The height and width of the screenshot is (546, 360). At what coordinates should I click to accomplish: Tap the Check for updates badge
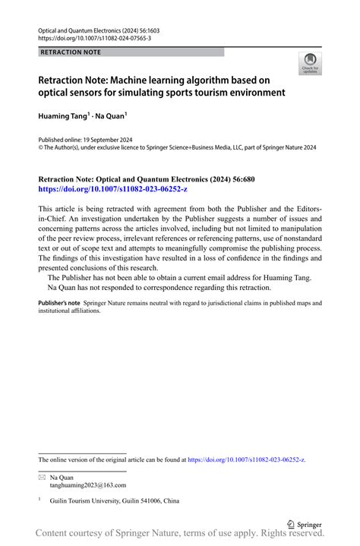310,65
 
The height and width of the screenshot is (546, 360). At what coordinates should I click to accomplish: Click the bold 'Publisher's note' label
58,302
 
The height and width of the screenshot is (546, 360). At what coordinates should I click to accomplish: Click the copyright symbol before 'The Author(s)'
41,149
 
